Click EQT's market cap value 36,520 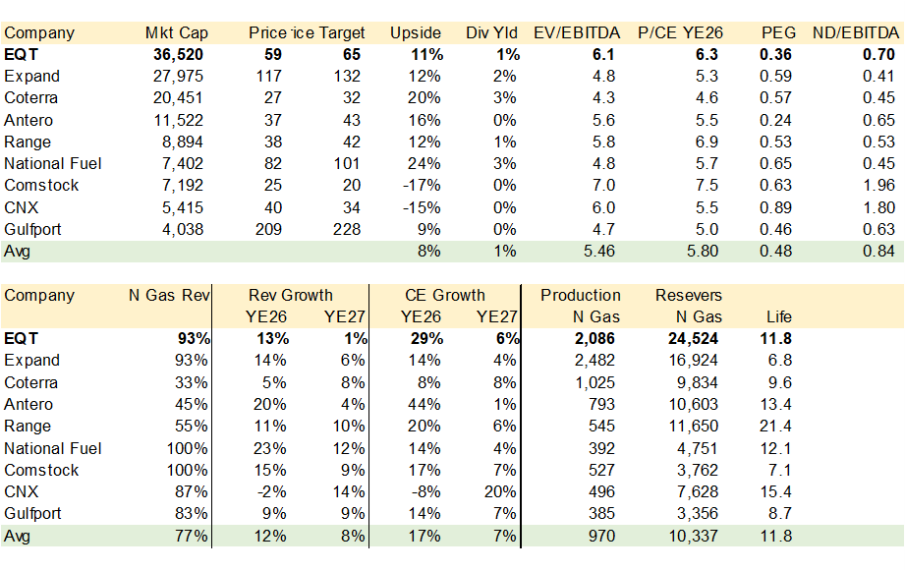point(185,54)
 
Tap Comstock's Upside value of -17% point(424,185)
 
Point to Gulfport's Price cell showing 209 point(267,229)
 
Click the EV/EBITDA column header point(576,32)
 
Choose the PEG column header point(778,32)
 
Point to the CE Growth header point(444,295)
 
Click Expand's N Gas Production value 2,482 point(597,360)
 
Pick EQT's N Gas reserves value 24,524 point(696,338)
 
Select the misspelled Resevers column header point(688,295)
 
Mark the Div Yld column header point(492,32)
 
